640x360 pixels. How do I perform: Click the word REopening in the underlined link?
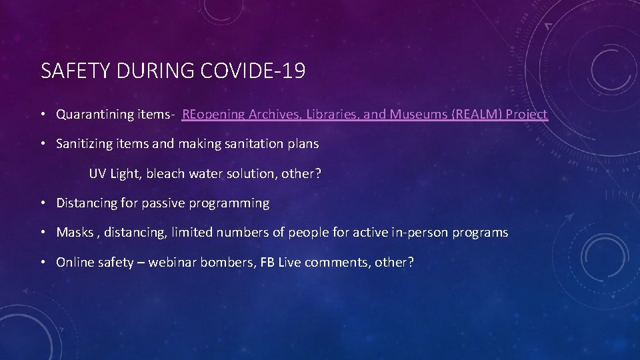pyautogui.click(x=213, y=114)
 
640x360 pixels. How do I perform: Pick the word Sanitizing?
pyautogui.click(x=84, y=143)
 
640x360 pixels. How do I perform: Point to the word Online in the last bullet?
pyautogui.click(x=75, y=262)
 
